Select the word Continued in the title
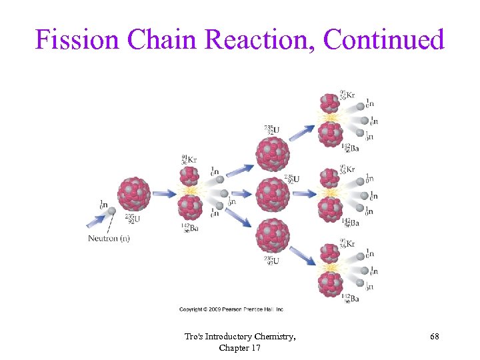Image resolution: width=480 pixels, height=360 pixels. coord(383,40)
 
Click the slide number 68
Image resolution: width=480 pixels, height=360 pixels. coord(434,338)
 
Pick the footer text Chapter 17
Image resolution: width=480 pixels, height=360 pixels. coord(240,348)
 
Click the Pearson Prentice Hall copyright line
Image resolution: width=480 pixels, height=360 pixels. coord(231,309)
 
